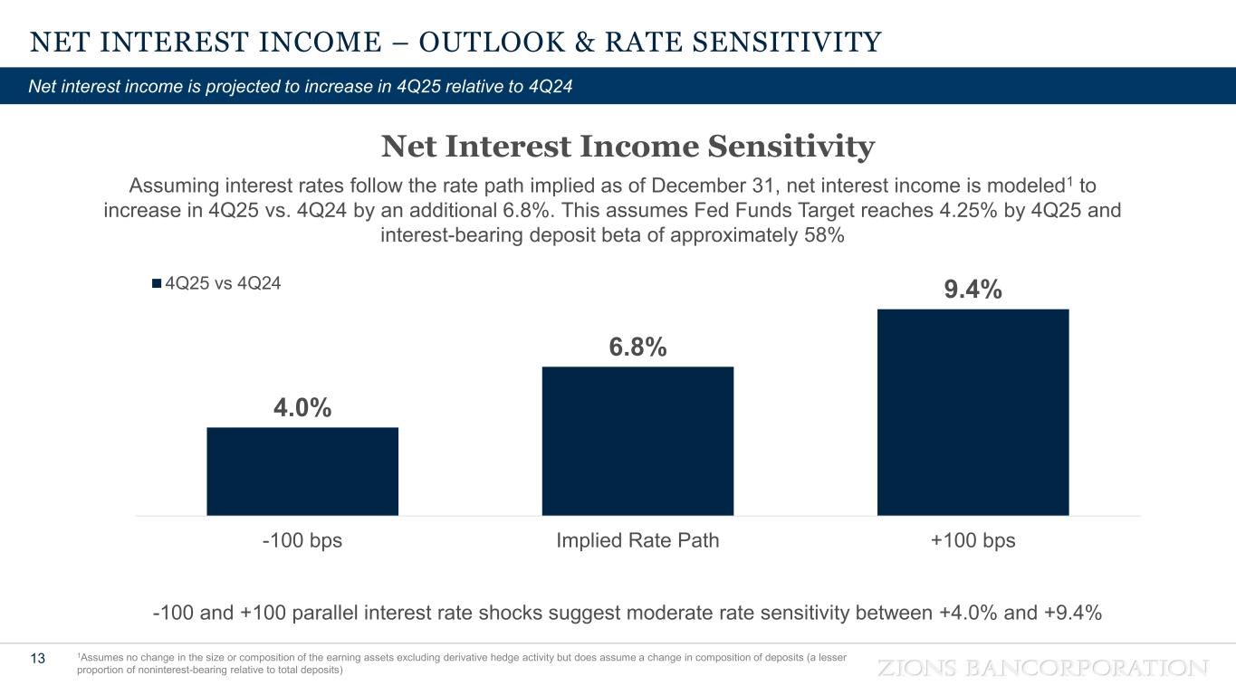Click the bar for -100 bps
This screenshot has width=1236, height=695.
pyautogui.click(x=302, y=471)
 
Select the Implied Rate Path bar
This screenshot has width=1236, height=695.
pyautogui.click(x=637, y=441)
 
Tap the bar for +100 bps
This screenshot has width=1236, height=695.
pyautogui.click(x=973, y=412)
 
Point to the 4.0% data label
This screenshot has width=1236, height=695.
pyautogui.click(x=302, y=408)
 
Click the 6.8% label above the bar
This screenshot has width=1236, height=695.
pyautogui.click(x=637, y=347)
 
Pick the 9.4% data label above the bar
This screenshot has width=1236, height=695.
pyautogui.click(x=973, y=290)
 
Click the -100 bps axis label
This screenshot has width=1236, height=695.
pyautogui.click(x=302, y=541)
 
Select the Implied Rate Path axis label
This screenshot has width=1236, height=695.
pyautogui.click(x=637, y=541)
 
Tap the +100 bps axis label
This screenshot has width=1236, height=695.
pyautogui.click(x=973, y=541)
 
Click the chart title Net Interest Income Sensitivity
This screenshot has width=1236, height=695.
pyautogui.click(x=628, y=147)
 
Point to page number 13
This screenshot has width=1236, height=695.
pyautogui.click(x=38, y=658)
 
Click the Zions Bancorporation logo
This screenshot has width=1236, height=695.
pyautogui.click(x=1044, y=668)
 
